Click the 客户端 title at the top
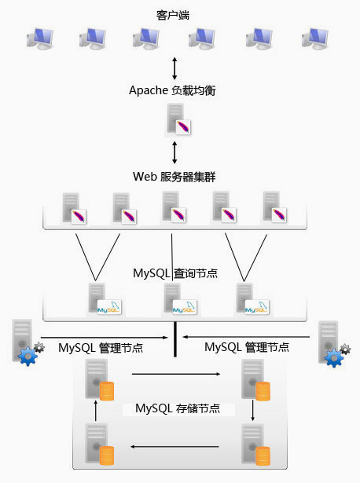click(173, 15)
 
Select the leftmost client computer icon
click(40, 38)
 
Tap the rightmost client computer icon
click(315, 38)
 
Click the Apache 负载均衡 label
click(172, 90)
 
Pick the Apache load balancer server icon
click(178, 119)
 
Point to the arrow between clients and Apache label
click(174, 68)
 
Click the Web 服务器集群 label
click(174, 177)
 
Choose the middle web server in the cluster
click(174, 207)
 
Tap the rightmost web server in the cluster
click(274, 207)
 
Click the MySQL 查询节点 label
click(175, 273)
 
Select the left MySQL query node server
click(105, 298)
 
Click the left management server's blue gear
click(28, 356)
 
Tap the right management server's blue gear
click(334, 357)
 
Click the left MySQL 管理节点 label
click(101, 348)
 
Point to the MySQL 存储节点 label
click(178, 408)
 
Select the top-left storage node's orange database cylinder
click(107, 391)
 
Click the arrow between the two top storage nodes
click(176, 374)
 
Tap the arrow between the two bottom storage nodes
click(174, 446)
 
